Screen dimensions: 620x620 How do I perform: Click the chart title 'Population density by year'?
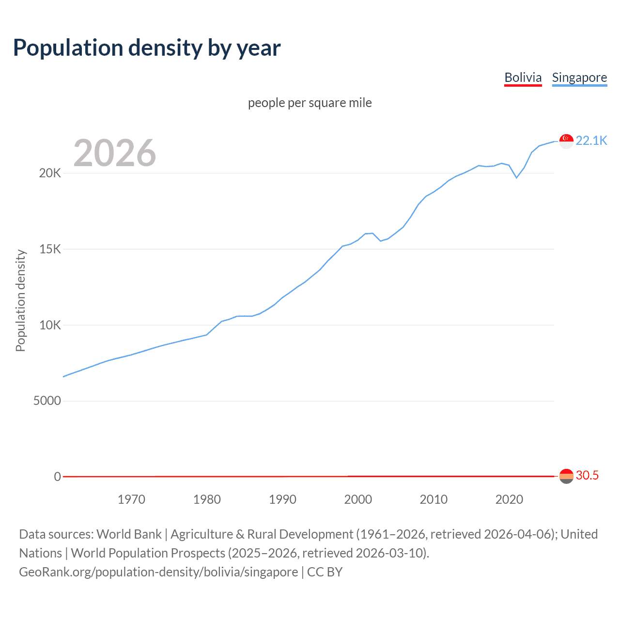(147, 48)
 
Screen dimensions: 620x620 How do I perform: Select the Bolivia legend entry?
(523, 77)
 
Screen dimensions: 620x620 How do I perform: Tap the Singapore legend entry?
(579, 77)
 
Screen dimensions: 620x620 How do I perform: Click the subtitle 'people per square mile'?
(310, 103)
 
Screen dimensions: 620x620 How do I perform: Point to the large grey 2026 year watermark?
(115, 153)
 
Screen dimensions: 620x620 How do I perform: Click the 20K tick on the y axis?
(50, 173)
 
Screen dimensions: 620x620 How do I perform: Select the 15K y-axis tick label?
(50, 249)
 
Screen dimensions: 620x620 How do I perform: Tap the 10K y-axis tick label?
(50, 325)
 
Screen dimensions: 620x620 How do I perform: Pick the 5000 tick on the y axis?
(47, 401)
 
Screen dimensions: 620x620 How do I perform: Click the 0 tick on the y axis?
(57, 477)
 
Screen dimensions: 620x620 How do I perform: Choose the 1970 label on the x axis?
(131, 499)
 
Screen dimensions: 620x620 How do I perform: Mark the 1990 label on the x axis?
(282, 499)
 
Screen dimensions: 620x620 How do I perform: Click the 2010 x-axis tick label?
(434, 499)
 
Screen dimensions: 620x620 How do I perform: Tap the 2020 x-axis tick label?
(509, 499)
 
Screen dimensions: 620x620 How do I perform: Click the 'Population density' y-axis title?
(20, 300)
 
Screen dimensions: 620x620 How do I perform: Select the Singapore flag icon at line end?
(566, 141)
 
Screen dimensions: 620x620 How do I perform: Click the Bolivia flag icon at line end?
(566, 476)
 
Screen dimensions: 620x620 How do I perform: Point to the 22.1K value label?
(591, 141)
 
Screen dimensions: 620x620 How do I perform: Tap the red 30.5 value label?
(587, 476)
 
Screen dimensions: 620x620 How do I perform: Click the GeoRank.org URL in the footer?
(158, 572)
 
